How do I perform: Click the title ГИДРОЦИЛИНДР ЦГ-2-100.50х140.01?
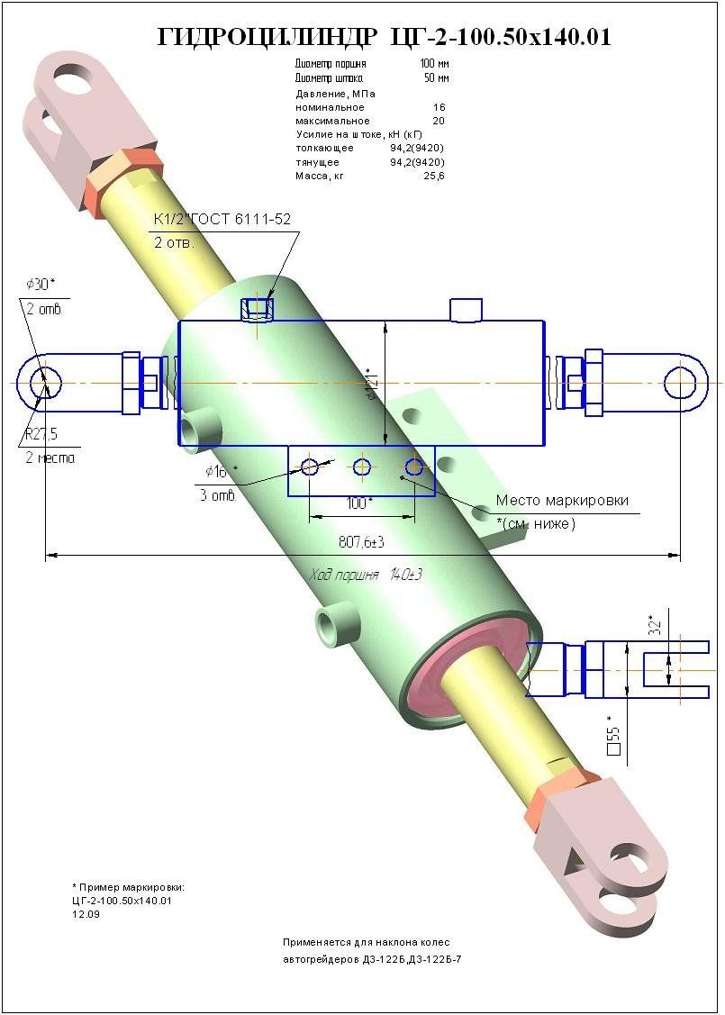(x=385, y=37)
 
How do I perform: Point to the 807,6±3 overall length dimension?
(x=361, y=542)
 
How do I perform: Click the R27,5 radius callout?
(x=41, y=434)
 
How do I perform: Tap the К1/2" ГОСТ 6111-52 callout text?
(x=222, y=219)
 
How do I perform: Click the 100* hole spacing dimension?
(x=359, y=503)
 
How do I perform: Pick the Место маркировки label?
(x=562, y=501)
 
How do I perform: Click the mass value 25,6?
(x=436, y=176)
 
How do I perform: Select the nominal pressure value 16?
(x=439, y=107)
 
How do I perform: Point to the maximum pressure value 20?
(x=439, y=121)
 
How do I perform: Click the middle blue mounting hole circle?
(x=362, y=467)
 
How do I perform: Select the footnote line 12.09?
(x=86, y=914)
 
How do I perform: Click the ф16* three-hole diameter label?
(x=216, y=472)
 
